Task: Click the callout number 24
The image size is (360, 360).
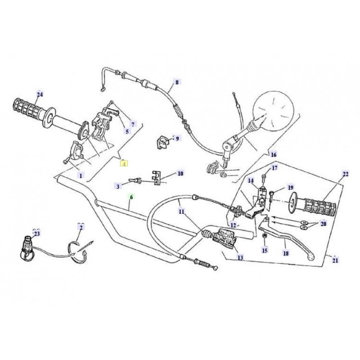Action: pyautogui.click(x=40, y=94)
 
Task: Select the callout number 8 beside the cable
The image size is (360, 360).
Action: pyautogui.click(x=176, y=82)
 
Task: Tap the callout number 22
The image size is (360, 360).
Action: pyautogui.click(x=345, y=174)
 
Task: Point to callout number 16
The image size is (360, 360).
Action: pyautogui.click(x=273, y=154)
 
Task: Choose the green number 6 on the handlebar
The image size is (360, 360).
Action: pyautogui.click(x=131, y=197)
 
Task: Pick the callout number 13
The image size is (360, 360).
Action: pyautogui.click(x=240, y=258)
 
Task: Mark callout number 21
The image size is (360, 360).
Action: pyautogui.click(x=335, y=260)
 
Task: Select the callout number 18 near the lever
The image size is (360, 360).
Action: pyautogui.click(x=285, y=253)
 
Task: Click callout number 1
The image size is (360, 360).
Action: pyautogui.click(x=81, y=175)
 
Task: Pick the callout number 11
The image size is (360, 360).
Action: pyautogui.click(x=181, y=211)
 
